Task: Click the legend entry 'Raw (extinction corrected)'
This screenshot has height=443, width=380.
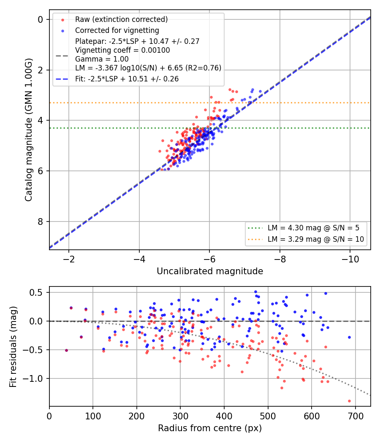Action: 121,19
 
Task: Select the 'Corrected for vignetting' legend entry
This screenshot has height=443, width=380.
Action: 117,30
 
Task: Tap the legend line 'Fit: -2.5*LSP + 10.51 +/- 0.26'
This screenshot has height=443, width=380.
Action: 127,79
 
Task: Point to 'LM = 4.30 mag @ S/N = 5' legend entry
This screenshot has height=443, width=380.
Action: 314,228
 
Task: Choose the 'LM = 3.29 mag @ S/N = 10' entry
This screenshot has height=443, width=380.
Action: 316,239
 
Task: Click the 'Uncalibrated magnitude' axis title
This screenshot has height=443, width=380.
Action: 210,271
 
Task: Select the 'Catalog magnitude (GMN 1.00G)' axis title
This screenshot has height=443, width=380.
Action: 29,130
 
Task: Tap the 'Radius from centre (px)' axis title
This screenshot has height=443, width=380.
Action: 210,428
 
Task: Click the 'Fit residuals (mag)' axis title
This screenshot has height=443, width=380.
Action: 13,347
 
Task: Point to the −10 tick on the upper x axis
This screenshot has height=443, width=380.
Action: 350,259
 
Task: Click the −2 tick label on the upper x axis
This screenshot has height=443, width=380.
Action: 69,259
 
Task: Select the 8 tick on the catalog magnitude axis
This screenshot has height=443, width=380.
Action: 40,222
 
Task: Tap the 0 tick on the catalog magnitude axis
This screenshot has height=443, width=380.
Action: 40,19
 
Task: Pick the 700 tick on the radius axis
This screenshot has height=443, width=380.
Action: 355,416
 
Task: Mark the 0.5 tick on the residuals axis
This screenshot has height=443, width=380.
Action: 36,292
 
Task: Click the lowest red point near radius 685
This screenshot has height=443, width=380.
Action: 349,401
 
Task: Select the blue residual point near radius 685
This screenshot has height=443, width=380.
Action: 349,338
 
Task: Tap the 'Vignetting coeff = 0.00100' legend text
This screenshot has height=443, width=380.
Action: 122,50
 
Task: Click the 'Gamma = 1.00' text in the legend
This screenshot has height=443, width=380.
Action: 102,59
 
